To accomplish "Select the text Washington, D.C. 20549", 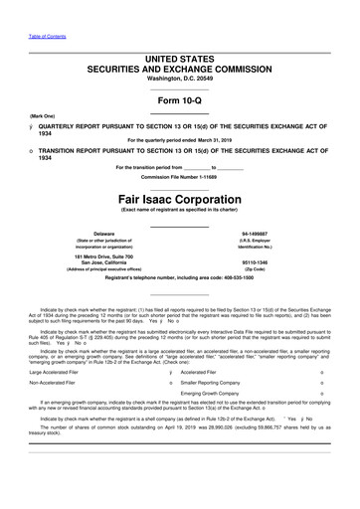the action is (x=179, y=64).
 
